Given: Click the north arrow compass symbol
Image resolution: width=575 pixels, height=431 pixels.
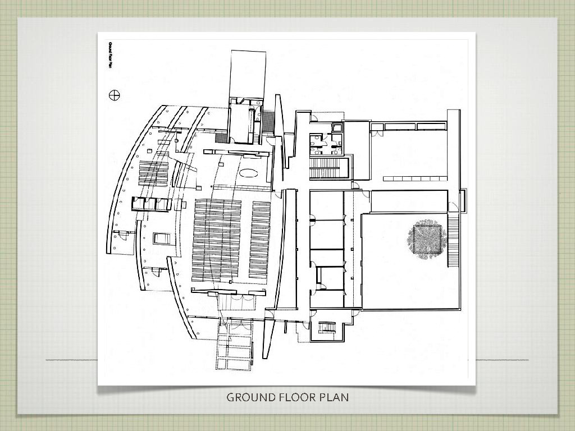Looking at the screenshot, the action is point(115,95).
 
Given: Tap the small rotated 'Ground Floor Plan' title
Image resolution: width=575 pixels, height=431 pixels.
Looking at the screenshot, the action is point(109,56).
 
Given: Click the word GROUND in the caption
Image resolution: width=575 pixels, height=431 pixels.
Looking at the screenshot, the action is point(251,397).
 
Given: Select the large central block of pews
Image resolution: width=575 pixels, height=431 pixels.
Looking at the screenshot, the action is point(217,240).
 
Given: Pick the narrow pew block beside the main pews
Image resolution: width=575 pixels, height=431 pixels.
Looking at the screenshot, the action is point(259,240).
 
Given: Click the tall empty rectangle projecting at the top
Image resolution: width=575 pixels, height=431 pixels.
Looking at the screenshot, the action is point(248,75).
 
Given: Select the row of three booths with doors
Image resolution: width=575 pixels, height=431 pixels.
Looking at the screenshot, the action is point(151,204).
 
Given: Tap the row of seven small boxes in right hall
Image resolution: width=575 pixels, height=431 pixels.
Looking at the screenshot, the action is point(415,178).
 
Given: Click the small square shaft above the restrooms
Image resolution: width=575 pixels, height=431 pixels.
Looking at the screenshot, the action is point(337,127).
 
